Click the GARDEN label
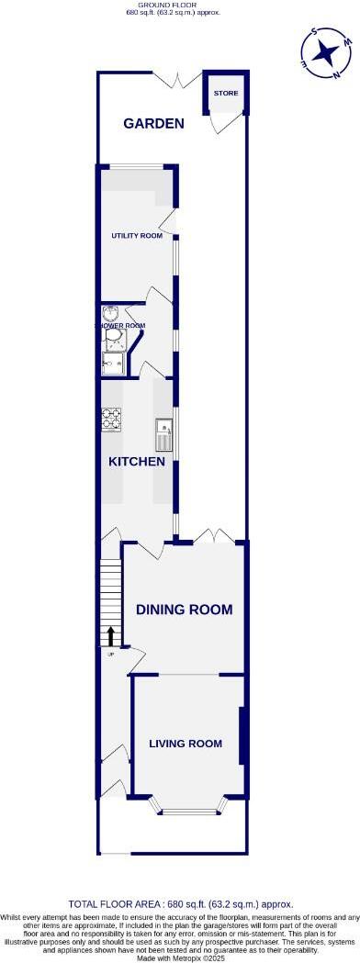pos(154,123)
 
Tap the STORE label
pos(225,94)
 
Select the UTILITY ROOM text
pos(137,236)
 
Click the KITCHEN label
pos(137,461)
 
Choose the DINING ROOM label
pos(184,610)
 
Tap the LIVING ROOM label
pos(186,744)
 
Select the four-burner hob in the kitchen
pos(111,419)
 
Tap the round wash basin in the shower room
pos(111,313)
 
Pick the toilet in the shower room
pos(113,341)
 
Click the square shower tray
pos(113,364)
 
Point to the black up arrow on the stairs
pos(111,635)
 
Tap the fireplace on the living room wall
pos(241,735)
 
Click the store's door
pos(220,122)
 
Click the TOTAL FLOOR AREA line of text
pos(180,904)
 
